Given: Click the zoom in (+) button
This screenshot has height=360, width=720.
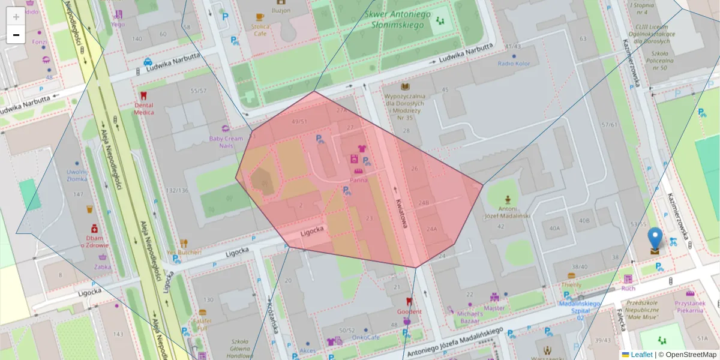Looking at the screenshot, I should (x=16, y=16).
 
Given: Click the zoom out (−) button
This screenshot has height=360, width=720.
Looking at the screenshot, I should (x=16, y=35).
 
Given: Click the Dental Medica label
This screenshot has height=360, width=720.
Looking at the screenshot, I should (x=143, y=109).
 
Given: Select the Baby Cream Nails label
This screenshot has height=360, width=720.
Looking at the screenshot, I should (x=226, y=142).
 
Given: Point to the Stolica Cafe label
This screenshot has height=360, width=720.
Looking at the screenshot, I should (x=260, y=30).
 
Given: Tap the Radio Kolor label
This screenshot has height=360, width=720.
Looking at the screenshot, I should (x=514, y=64).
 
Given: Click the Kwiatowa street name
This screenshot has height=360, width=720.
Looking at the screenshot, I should (x=400, y=214).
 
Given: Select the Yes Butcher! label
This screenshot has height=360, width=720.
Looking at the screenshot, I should (x=184, y=253).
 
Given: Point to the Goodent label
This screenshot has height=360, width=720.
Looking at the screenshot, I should (x=409, y=311).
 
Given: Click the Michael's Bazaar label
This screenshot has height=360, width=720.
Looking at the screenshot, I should (x=470, y=317).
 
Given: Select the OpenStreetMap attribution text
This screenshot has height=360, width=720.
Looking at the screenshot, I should (x=691, y=355).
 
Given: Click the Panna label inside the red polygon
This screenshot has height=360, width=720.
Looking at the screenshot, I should (x=358, y=179).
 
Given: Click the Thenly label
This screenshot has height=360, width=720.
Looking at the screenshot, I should (x=571, y=284).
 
